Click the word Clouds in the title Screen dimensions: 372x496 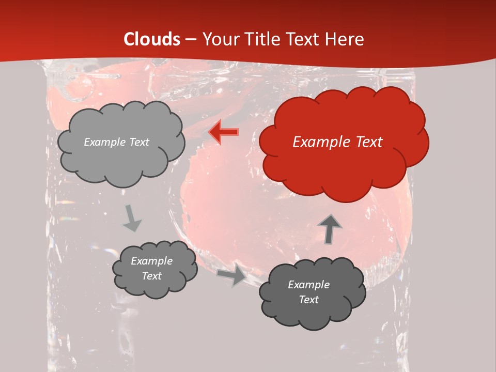(152, 39)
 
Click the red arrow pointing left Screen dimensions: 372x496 (223, 132)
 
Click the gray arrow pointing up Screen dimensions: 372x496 (329, 229)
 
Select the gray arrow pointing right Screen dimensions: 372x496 (231, 276)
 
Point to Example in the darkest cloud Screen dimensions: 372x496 (308, 285)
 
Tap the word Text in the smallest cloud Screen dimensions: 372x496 (152, 276)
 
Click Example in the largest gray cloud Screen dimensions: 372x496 (105, 142)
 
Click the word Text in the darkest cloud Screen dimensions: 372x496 (308, 300)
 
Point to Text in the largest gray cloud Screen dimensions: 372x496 (138, 142)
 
